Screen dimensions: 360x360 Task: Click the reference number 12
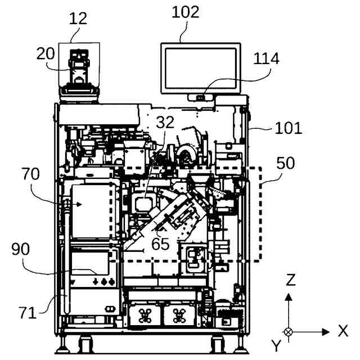click(x=78, y=18)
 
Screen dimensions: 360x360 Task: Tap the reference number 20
click(x=46, y=54)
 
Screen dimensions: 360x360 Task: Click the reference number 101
click(x=288, y=128)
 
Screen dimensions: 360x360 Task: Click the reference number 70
click(x=31, y=174)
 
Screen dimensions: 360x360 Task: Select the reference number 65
click(x=160, y=244)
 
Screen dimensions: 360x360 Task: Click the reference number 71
click(x=26, y=312)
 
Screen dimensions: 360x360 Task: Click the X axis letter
click(x=343, y=331)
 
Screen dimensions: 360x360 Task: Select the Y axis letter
click(x=276, y=344)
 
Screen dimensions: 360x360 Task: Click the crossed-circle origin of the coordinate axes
click(x=289, y=332)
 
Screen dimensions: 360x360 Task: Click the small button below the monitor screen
click(x=200, y=97)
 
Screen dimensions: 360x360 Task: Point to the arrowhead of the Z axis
click(x=289, y=295)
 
